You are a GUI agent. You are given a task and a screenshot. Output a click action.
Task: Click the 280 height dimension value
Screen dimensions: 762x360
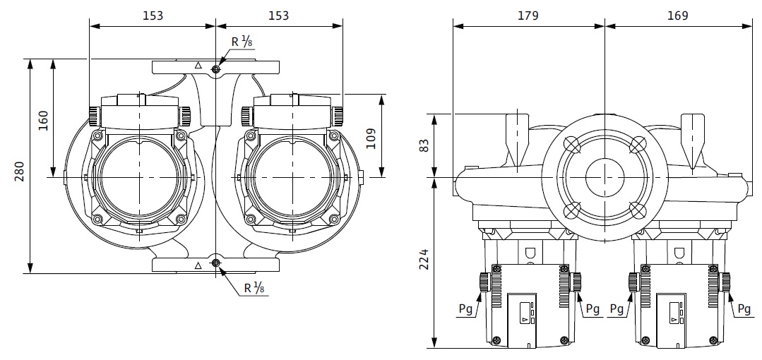click(20, 172)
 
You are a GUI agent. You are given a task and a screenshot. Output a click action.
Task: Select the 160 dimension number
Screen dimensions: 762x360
click(43, 121)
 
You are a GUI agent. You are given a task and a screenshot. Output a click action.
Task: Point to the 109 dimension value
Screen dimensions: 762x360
click(371, 138)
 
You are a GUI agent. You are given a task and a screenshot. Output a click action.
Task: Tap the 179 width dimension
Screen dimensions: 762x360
click(528, 16)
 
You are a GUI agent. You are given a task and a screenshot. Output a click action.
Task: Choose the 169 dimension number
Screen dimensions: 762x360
click(678, 16)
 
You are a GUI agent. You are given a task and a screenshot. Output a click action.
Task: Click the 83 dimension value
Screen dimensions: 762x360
click(424, 145)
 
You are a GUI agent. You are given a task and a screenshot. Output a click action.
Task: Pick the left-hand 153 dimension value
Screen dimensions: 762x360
click(153, 16)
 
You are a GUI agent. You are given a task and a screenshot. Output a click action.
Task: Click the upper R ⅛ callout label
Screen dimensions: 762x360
click(242, 42)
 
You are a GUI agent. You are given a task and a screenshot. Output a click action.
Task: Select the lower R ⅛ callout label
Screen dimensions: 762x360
click(254, 288)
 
